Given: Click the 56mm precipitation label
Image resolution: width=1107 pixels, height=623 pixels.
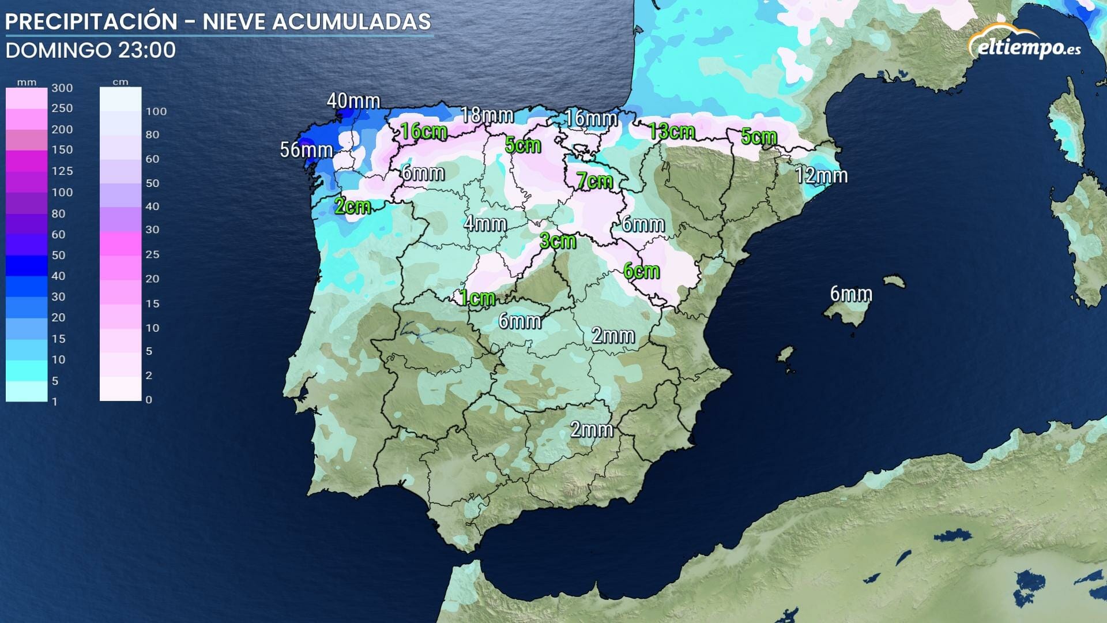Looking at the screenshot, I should (x=306, y=150).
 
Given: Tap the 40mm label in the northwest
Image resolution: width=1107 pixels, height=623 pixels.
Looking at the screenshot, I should (x=353, y=101).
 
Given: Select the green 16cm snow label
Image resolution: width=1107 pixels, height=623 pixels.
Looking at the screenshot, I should (x=424, y=131).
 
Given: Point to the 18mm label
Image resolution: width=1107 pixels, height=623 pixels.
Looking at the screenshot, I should (x=487, y=115).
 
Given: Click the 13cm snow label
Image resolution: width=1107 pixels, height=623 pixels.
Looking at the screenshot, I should (x=671, y=131).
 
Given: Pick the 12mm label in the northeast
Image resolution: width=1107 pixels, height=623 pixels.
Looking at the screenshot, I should (x=821, y=175).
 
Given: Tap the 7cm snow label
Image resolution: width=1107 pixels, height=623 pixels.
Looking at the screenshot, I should (x=594, y=181).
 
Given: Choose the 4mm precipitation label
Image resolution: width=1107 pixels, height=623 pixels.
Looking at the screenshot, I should (x=485, y=223).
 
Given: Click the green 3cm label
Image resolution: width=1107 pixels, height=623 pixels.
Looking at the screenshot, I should (x=558, y=241).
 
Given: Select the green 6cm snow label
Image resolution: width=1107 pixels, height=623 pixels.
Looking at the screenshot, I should (x=641, y=270).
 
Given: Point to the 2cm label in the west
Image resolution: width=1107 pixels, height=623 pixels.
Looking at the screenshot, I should (x=352, y=206).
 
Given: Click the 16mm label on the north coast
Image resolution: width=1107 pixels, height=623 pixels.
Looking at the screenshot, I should (x=591, y=118).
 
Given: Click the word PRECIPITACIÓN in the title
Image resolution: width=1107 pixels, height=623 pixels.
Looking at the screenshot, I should (x=91, y=22).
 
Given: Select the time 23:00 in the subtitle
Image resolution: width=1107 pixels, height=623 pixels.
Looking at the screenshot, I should (x=146, y=50).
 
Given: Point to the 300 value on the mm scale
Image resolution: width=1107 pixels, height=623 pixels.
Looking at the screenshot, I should (x=62, y=88).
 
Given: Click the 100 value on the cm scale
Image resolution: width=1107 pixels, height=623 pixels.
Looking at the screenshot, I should (x=156, y=111).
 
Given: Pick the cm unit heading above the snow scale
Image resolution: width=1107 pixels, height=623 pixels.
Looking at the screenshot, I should (x=120, y=82).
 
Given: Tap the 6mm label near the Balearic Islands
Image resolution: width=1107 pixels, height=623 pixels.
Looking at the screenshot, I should (x=850, y=294).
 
